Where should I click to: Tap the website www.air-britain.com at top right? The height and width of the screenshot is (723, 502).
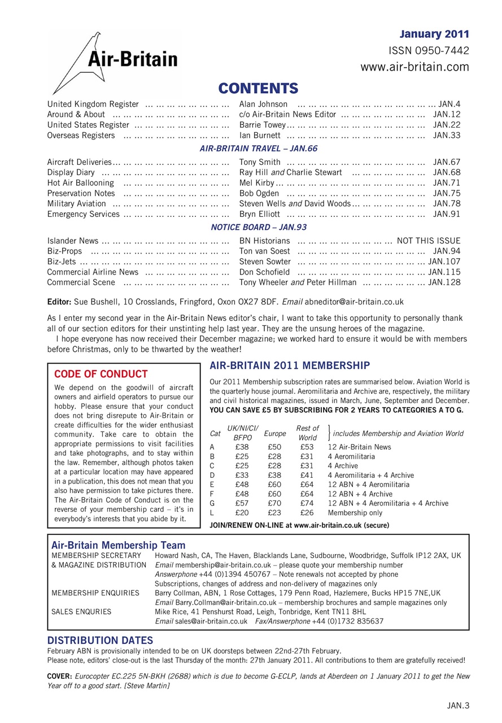pos(414,67)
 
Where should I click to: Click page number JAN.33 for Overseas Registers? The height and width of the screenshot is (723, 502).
pos(447,135)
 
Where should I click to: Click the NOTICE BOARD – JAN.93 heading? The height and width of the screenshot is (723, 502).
pos(259,227)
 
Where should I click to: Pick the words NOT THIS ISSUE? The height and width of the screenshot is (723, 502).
pos(429,241)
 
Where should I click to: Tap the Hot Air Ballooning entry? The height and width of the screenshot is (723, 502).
pos(80,182)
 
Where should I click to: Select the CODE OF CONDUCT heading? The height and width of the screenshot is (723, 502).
pos(101,374)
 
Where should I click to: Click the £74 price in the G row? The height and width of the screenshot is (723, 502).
pos(307,503)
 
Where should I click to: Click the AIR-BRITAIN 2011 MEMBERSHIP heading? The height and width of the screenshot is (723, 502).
pos(290,365)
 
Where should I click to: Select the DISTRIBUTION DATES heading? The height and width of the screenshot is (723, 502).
pos(100,640)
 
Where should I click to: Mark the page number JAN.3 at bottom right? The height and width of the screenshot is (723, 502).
pos(458,705)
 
